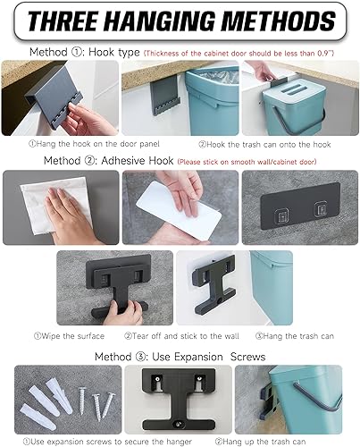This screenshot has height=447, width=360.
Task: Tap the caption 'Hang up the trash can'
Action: [278, 439]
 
